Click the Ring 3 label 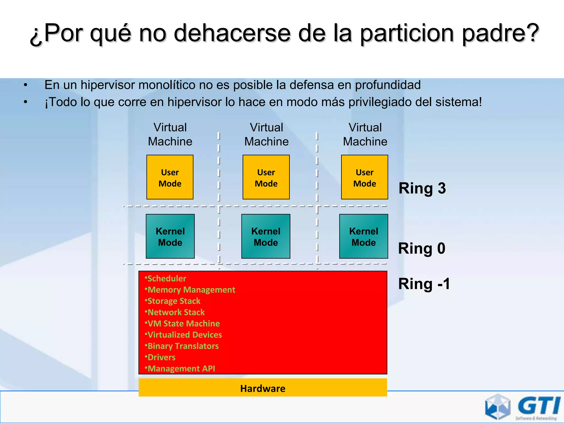422,188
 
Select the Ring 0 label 422,248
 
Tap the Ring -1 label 424,284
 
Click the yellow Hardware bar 263,388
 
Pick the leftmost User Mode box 170,177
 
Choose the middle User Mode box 266,177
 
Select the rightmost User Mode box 365,177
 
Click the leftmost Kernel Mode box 170,237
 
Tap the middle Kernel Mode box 266,237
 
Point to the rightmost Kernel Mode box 364,237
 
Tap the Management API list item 181,368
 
